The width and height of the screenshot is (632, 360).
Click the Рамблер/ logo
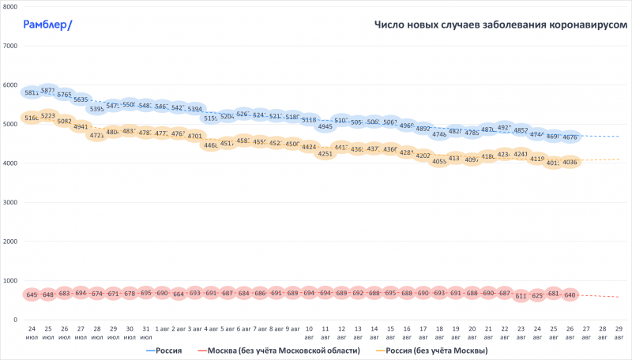[48, 24]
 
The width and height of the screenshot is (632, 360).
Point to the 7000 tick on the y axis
[11, 46]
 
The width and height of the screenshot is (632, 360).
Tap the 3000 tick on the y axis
[11, 202]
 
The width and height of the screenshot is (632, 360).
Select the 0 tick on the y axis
[15, 320]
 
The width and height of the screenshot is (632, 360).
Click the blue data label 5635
[81, 100]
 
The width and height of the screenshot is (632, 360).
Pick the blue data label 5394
[195, 109]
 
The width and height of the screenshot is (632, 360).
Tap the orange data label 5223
[48, 116]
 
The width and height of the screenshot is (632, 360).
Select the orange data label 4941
[81, 126]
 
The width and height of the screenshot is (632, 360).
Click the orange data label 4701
[195, 136]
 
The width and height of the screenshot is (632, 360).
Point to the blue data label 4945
[325, 126]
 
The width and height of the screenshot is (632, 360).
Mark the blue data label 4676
[570, 137]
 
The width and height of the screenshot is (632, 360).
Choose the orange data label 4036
[570, 162]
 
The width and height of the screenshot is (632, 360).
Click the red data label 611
[521, 296]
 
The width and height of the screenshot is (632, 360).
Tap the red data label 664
[179, 294]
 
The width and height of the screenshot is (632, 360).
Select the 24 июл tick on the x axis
[32, 332]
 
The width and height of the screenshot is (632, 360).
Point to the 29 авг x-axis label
[619, 332]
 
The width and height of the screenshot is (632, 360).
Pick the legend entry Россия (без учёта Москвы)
[434, 351]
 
